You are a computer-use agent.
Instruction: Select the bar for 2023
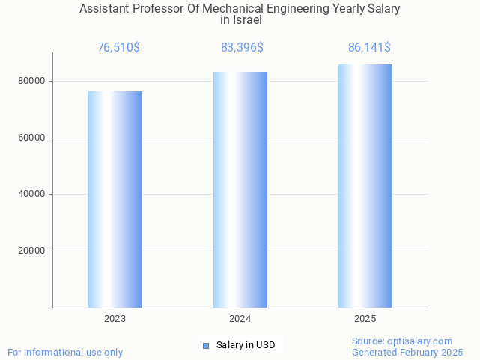115,199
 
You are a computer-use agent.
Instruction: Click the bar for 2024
240,189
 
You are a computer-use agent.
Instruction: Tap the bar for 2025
365,186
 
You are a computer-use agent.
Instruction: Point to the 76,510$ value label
118,48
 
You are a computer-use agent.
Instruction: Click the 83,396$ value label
242,48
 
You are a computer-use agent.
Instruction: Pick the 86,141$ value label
369,48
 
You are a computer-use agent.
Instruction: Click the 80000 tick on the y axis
31,81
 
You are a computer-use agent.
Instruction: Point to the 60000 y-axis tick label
31,138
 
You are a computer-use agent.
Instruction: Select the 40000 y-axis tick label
31,195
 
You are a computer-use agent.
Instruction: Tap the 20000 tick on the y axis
31,251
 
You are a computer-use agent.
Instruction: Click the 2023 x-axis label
115,319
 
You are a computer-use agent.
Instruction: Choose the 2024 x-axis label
240,319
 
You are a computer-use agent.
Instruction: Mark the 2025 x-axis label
365,319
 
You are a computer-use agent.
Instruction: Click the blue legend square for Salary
206,345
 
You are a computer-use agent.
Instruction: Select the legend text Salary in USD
246,345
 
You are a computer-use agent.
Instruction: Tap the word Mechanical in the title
219,9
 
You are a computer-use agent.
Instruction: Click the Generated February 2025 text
407,352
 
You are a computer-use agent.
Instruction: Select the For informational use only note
65,352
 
